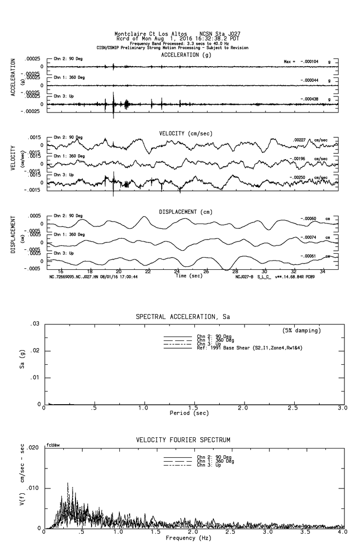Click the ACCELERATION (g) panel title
(187, 55)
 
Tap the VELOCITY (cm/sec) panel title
(186, 133)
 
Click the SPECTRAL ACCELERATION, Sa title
(183, 317)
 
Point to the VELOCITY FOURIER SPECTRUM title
(183, 440)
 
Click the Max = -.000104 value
(303, 62)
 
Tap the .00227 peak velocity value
(300, 140)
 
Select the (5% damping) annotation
(302, 331)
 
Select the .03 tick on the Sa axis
(34, 324)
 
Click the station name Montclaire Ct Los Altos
(151, 34)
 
